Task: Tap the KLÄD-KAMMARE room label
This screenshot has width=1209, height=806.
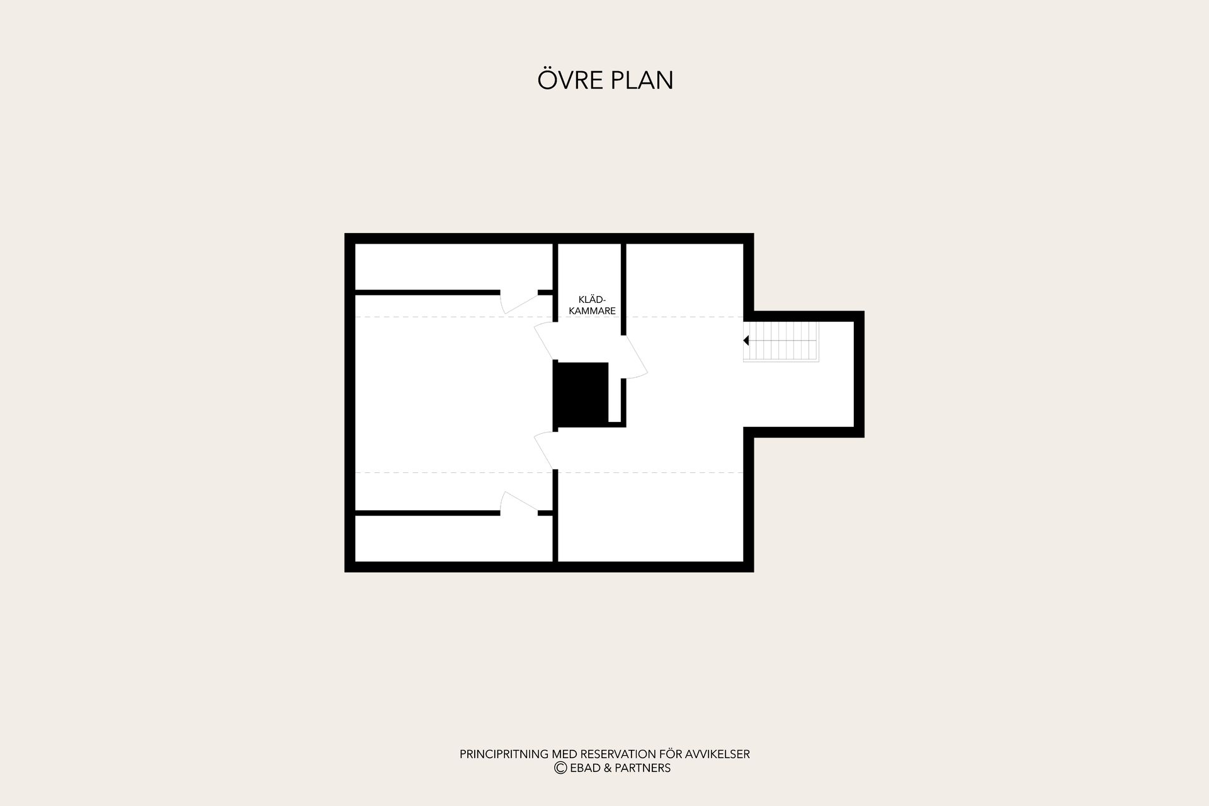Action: point(592,305)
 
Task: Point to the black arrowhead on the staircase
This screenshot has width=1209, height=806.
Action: point(746,341)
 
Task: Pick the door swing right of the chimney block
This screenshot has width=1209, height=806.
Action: point(635,357)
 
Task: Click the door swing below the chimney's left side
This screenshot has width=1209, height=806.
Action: point(545,450)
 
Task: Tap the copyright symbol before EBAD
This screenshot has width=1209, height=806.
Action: point(560,768)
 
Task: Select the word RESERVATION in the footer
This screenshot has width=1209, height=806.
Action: point(618,754)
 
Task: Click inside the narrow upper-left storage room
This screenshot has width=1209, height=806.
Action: point(453,267)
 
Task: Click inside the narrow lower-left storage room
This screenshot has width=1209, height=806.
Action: point(453,538)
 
